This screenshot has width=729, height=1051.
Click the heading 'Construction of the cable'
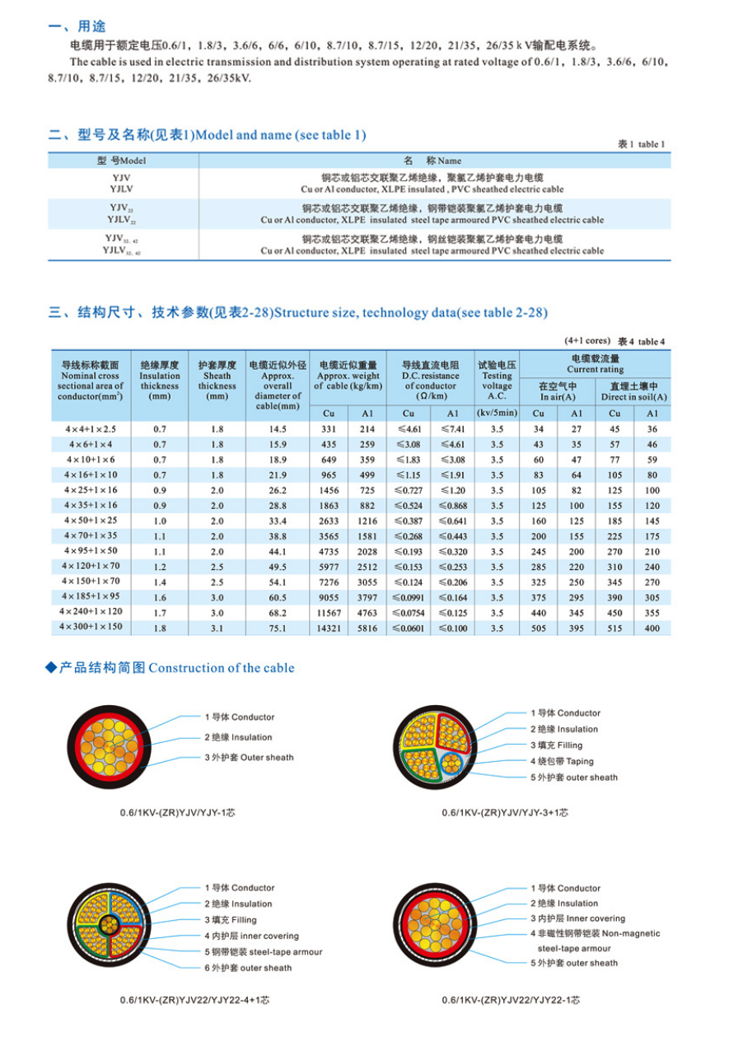tap(221, 668)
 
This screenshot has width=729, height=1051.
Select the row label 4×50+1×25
tap(90, 521)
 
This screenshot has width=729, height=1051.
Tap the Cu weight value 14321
tap(329, 628)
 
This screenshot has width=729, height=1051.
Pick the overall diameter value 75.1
tap(278, 628)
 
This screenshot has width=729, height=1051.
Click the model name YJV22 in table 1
tap(122, 208)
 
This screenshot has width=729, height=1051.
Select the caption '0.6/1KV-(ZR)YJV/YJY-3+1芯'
tap(504, 812)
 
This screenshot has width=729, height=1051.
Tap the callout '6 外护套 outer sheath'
tap(248, 968)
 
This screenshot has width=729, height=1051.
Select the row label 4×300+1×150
tap(90, 628)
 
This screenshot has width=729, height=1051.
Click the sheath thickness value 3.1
tap(217, 628)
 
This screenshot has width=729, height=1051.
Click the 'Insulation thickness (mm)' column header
tap(159, 381)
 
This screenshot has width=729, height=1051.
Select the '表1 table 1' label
tap(641, 144)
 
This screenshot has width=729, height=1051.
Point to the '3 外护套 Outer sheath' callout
tap(249, 757)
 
